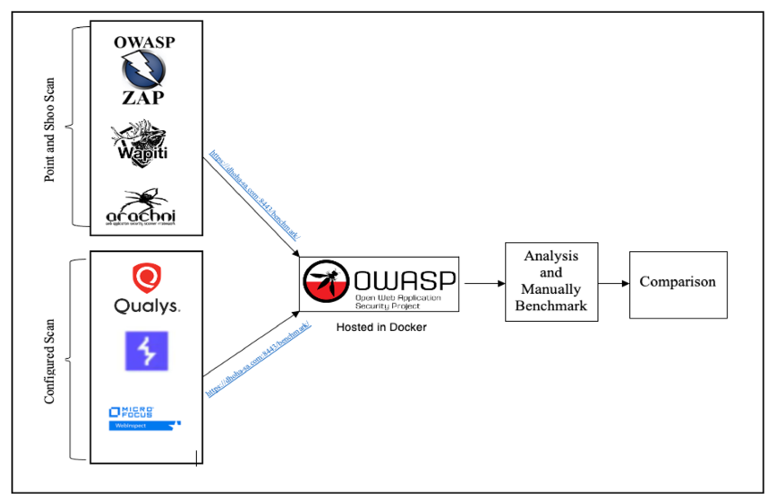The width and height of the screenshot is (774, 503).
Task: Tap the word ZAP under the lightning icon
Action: pos(143,98)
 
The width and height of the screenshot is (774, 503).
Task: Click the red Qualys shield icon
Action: pos(147,277)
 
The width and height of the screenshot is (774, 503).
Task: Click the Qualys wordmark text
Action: pos(147,306)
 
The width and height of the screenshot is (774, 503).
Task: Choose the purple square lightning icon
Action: pos(147,351)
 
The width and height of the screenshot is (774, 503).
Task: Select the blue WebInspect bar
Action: pos(143,425)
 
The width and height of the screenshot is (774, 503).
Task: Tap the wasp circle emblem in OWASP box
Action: pos(326,281)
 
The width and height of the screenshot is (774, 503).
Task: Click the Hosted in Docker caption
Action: pos(381,327)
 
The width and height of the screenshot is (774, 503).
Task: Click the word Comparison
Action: pos(678,281)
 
